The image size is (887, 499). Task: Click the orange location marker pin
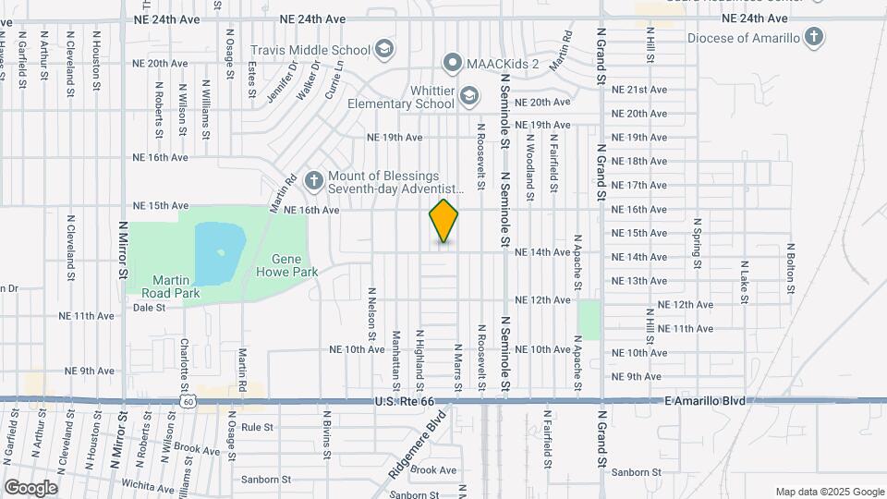point(444,220)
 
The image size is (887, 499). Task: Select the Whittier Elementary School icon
point(469,96)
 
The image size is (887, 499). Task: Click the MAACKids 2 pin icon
point(453,63)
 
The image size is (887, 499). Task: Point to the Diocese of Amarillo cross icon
point(813,38)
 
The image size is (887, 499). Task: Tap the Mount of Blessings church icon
point(314,180)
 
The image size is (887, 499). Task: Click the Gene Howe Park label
point(294,266)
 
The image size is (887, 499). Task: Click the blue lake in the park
point(220,252)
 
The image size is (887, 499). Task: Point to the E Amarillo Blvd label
point(704,400)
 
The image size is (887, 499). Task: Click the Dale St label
point(149,308)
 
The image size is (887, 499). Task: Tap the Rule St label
point(257,428)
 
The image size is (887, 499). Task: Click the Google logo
point(30,488)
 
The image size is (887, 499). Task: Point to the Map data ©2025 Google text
point(829,492)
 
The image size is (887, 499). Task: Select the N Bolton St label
point(791,268)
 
